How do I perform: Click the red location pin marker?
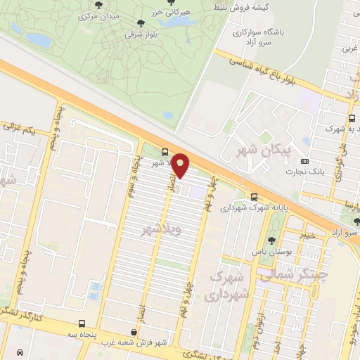pyautogui.click(x=181, y=165)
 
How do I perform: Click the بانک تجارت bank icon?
pyautogui.click(x=303, y=162)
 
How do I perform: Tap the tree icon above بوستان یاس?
pyautogui.click(x=271, y=239)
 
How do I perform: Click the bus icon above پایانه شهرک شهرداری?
pyautogui.click(x=254, y=198)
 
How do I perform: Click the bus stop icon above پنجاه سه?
pyautogui.click(x=83, y=323)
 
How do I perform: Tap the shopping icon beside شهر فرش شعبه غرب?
pyautogui.click(x=134, y=331)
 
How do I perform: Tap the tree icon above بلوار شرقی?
pyautogui.click(x=140, y=23)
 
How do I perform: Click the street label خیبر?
pyautogui.click(x=310, y=235)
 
